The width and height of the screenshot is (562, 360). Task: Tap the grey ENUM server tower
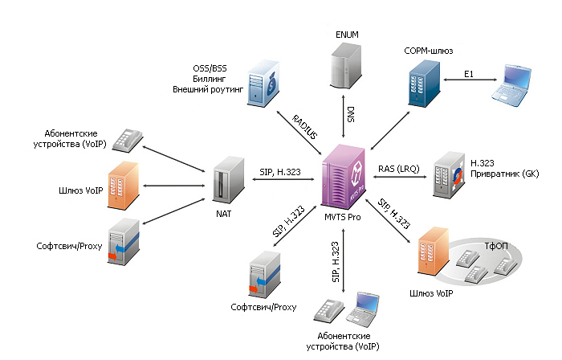(x=346, y=67)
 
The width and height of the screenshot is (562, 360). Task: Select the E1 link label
(x=471, y=75)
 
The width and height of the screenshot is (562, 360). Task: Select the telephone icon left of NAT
(x=127, y=140)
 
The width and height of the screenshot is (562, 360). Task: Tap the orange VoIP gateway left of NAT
(x=124, y=180)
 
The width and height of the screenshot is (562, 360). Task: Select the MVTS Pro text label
(x=343, y=219)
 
